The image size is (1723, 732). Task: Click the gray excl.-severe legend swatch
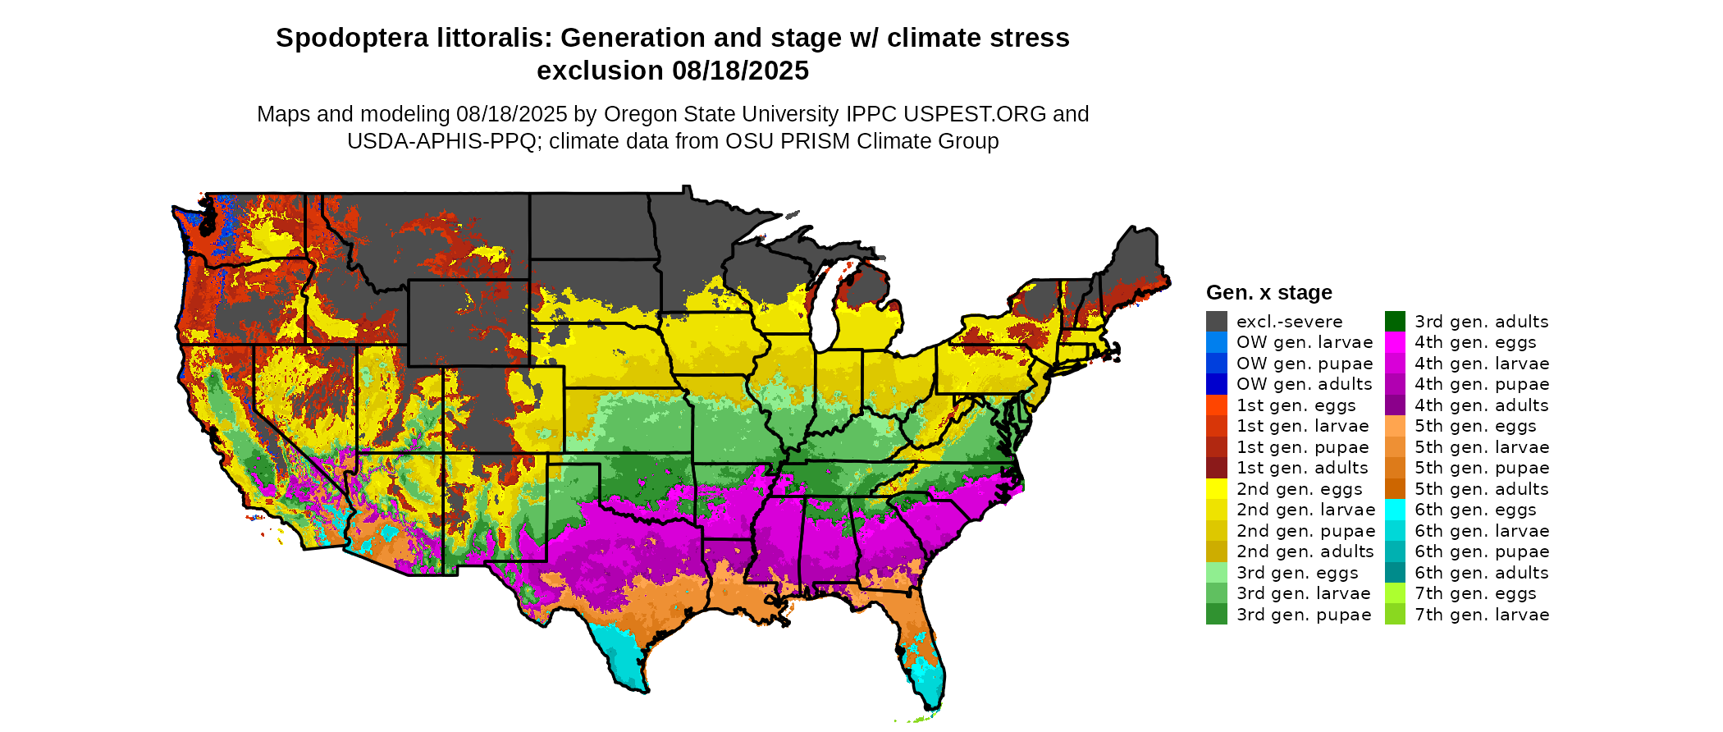tap(1216, 322)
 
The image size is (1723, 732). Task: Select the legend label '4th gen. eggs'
tap(1475, 342)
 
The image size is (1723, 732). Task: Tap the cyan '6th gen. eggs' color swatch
tap(1395, 510)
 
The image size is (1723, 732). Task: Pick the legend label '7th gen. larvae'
tap(1482, 615)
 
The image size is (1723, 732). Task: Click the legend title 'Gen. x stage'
tap(1268, 292)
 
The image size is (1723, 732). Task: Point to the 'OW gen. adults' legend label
tap(1304, 384)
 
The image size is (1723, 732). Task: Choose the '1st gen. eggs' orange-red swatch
tap(1216, 405)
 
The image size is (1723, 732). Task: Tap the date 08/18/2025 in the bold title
tap(740, 71)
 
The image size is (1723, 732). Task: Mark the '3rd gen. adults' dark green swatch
tap(1395, 322)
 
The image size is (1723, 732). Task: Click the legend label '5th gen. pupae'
tap(1482, 468)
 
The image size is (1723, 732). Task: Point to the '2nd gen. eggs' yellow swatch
tap(1216, 489)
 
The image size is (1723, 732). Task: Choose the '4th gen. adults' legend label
tap(1481, 405)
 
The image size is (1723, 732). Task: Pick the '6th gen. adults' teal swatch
tap(1395, 573)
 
